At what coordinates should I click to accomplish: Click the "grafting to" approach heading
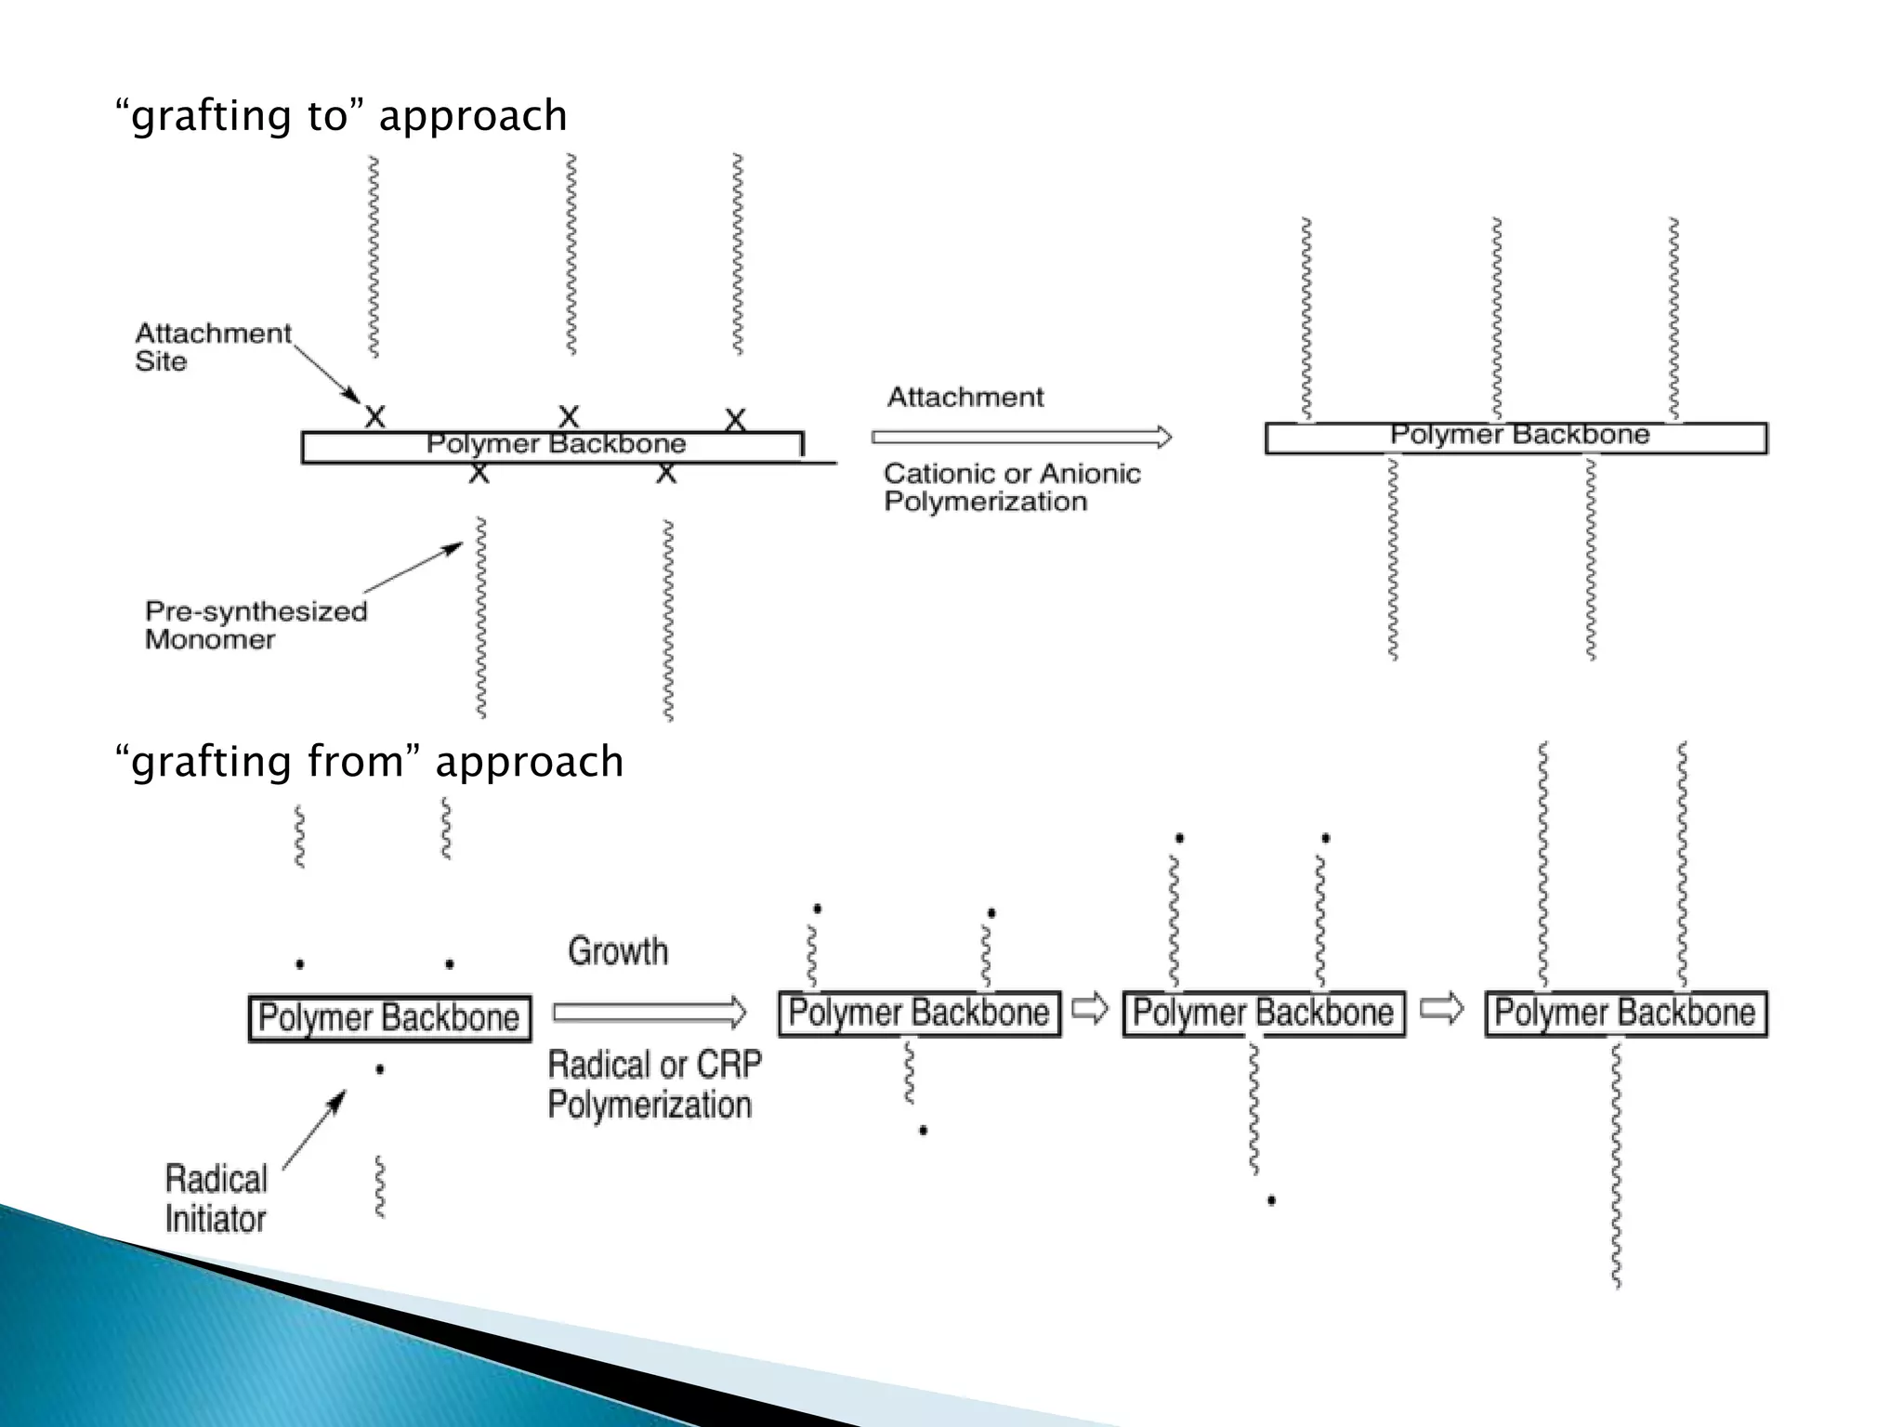[341, 116]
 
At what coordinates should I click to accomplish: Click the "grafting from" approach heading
[369, 762]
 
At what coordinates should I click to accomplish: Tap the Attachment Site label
[213, 347]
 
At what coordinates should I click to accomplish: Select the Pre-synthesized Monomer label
[256, 625]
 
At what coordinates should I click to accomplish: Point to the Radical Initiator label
[216, 1198]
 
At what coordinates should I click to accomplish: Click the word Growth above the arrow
[618, 951]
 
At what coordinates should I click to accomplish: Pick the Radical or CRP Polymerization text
[653, 1084]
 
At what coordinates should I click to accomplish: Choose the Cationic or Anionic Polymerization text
[1011, 487]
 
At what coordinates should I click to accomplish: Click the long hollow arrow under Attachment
[1020, 437]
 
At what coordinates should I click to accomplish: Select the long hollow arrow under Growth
[649, 1012]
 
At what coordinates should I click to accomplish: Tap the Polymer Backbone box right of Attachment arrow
[1516, 437]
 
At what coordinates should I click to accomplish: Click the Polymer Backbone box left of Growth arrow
[389, 1018]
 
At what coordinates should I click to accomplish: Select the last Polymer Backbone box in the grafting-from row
[1625, 1013]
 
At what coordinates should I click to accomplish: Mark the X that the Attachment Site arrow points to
[374, 416]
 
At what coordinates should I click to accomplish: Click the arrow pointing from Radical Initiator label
[314, 1129]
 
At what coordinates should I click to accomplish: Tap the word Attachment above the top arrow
[965, 398]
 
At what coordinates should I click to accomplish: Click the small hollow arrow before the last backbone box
[1442, 1008]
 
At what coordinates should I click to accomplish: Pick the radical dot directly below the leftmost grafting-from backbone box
[379, 1069]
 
